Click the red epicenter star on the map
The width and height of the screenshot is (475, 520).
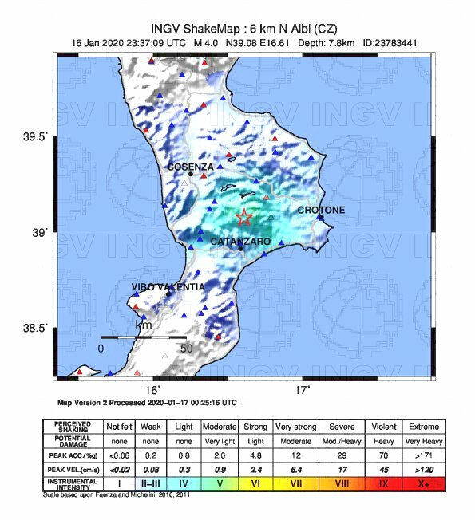[x=244, y=217]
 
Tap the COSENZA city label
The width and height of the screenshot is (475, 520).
[x=191, y=167]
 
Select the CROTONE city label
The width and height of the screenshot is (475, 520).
[x=321, y=210]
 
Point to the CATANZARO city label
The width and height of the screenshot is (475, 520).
[x=240, y=241]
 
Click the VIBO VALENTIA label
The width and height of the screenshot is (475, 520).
[x=168, y=286]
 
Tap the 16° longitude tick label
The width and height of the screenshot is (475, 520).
[x=152, y=390]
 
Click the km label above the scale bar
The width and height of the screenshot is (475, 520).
[x=144, y=326]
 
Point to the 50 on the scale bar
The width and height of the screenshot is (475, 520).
[x=186, y=349]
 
